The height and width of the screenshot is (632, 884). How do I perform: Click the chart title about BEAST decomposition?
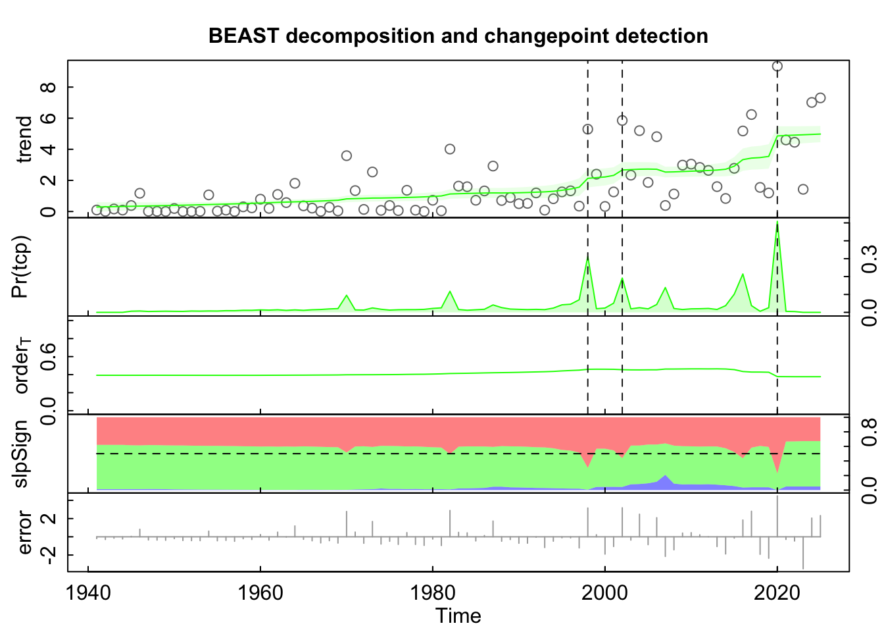coord(458,36)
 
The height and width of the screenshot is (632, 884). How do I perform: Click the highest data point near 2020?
coord(777,66)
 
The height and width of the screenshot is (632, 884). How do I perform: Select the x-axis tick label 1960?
coord(260,592)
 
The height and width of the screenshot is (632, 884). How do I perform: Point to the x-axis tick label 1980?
coord(433,592)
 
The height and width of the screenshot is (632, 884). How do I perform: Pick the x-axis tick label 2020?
coord(777,592)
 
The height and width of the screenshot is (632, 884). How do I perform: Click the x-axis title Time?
coord(458,616)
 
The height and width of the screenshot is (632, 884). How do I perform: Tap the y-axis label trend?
coord(24,139)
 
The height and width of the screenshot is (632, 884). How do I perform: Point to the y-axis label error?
coord(24,532)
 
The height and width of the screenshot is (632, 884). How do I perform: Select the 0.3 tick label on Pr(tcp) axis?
coord(869,258)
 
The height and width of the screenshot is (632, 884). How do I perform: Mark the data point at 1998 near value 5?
coord(587,129)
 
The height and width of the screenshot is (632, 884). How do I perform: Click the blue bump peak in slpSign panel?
coord(666,476)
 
